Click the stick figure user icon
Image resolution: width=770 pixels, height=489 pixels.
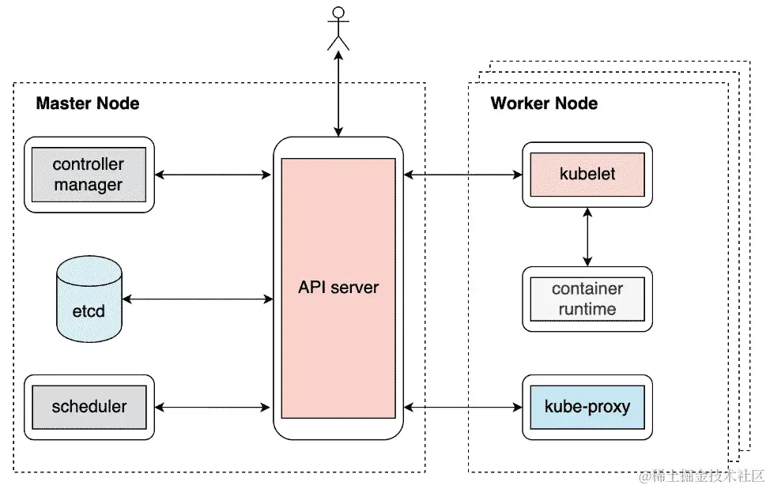[338, 28]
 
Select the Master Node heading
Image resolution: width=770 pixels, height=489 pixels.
[88, 103]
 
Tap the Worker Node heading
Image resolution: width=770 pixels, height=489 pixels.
[544, 103]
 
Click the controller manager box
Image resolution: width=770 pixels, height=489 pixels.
[89, 175]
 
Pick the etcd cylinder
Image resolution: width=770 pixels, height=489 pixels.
[89, 300]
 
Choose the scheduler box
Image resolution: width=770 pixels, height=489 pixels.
[89, 408]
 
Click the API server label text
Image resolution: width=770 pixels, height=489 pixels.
[338, 287]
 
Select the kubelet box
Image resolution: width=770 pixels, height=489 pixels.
[587, 175]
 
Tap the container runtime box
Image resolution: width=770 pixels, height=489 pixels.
[587, 299]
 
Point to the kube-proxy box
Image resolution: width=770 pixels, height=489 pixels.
[587, 408]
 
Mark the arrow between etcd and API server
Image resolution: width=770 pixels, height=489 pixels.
[198, 299]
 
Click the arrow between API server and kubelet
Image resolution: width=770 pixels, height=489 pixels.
[462, 175]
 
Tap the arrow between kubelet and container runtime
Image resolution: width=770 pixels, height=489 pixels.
[587, 236]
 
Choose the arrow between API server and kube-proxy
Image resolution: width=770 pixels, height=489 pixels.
[462, 408]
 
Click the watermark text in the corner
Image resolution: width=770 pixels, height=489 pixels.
[702, 476]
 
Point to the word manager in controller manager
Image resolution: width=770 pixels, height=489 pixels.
[89, 186]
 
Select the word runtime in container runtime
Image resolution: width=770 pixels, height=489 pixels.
[587, 309]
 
